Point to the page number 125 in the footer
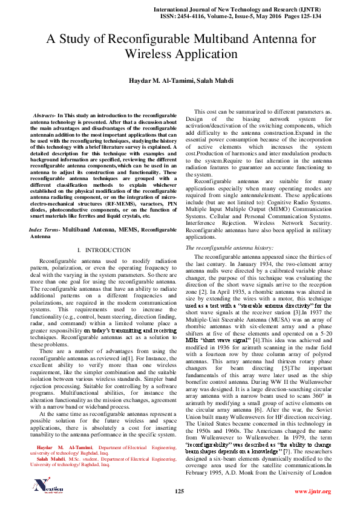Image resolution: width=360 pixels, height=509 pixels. (x=179, y=491)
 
